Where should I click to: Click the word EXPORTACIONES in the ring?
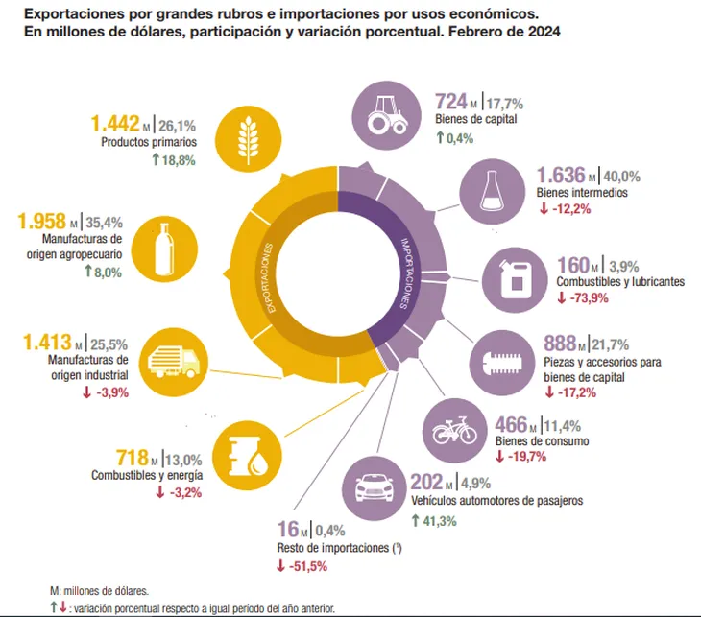click(x=270, y=274)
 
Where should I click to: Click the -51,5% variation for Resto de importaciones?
click(x=307, y=566)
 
